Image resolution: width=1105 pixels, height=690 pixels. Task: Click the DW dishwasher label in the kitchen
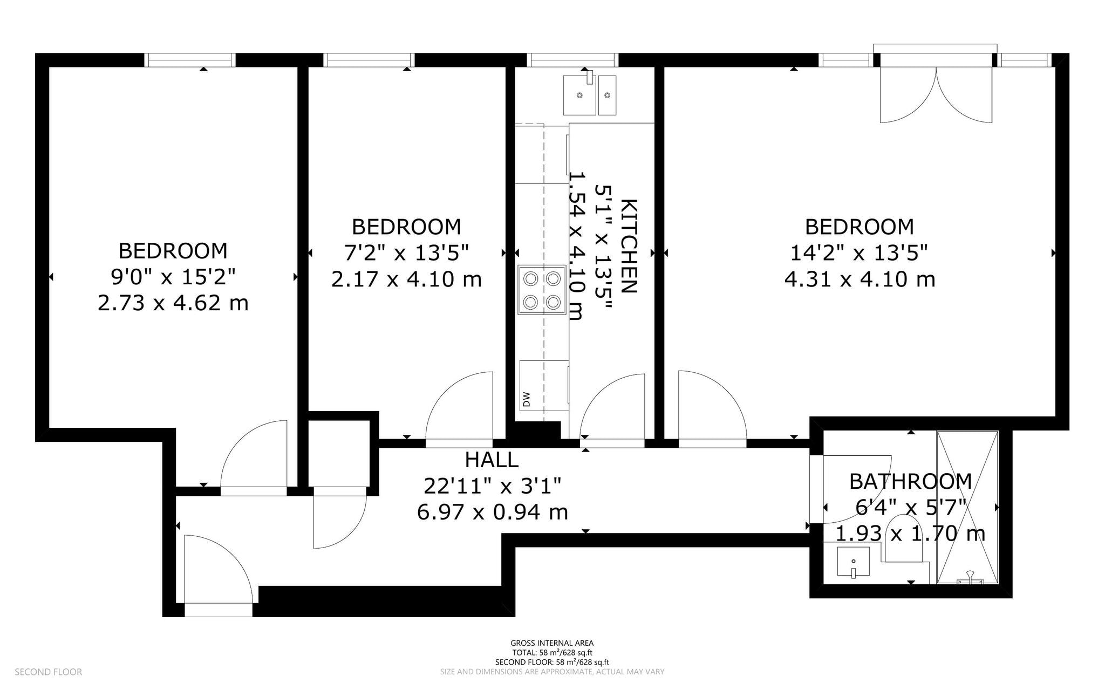tap(527, 399)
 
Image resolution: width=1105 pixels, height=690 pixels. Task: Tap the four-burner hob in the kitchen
tap(542, 290)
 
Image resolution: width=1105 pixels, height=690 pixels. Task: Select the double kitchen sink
tap(590, 95)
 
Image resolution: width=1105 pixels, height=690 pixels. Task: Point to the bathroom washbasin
tap(854, 562)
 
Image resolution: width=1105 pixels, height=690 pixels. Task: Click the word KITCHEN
tap(629, 246)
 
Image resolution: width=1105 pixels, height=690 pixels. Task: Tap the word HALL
tap(492, 460)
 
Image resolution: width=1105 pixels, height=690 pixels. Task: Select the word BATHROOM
tap(911, 481)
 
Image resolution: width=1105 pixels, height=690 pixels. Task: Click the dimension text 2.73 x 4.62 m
tap(173, 303)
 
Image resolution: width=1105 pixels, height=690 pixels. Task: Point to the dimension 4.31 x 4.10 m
tap(860, 279)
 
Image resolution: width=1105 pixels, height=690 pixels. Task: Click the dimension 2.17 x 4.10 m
tap(406, 279)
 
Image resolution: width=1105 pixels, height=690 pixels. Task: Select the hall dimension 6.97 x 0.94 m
tap(493, 511)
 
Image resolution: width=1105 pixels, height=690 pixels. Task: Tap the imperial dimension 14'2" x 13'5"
tap(859, 252)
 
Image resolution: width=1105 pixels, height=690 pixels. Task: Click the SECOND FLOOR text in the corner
tap(49, 672)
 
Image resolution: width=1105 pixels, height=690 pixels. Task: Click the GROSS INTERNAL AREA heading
tap(552, 643)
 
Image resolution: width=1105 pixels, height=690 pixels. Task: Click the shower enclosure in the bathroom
tap(968, 508)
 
